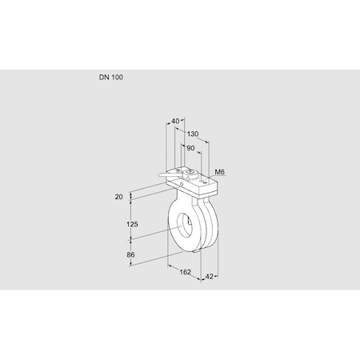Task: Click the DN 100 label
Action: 111,78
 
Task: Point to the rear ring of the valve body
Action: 211,228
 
